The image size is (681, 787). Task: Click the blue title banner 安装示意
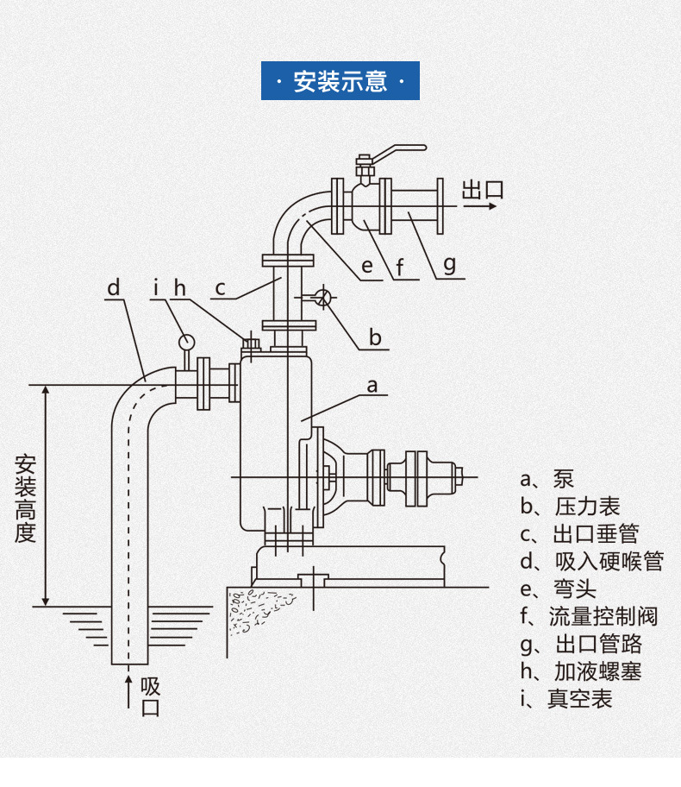[340, 81]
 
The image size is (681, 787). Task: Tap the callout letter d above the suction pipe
[114, 288]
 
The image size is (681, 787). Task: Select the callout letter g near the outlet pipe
[450, 264]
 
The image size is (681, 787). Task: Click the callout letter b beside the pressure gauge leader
[375, 337]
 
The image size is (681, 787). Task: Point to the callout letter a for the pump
[372, 386]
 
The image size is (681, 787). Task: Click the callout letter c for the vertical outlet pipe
[220, 288]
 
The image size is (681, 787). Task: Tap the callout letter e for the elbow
[367, 266]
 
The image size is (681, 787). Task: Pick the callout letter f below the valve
[400, 267]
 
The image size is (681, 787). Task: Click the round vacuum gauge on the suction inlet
[186, 342]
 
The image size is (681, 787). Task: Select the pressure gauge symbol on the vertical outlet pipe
[323, 297]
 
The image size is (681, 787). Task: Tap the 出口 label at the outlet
[483, 190]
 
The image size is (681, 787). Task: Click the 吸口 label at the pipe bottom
[150, 697]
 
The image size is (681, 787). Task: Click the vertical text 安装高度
[25, 499]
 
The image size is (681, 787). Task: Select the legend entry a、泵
[547, 479]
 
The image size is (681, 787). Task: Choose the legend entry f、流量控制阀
[589, 616]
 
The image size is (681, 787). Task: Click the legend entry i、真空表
[566, 699]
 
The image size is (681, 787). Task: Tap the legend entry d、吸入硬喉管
[591, 562]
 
